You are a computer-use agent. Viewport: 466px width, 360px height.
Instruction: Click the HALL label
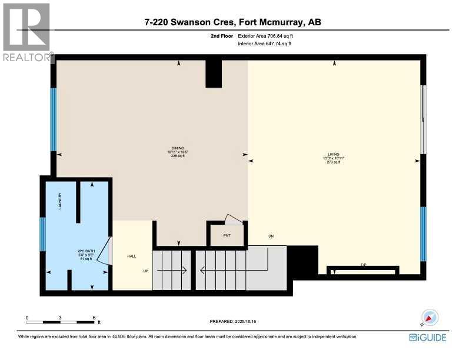click(x=132, y=256)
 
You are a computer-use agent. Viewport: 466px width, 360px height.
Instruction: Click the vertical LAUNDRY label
click(x=60, y=202)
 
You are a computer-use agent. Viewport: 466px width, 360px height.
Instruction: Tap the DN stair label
click(x=271, y=236)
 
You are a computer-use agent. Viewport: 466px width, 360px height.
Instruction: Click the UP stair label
click(x=145, y=271)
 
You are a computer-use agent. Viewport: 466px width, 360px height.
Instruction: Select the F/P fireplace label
click(x=364, y=266)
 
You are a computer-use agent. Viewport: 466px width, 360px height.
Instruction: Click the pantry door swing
click(x=234, y=220)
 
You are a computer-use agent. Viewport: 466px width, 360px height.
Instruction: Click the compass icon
click(x=430, y=317)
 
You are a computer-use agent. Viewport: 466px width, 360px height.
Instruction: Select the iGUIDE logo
click(x=428, y=337)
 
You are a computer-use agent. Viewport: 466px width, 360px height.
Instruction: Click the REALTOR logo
click(x=27, y=32)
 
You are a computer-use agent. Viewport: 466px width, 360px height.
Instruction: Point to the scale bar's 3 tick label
click(x=61, y=318)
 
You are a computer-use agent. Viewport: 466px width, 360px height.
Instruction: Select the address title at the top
click(x=232, y=22)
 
